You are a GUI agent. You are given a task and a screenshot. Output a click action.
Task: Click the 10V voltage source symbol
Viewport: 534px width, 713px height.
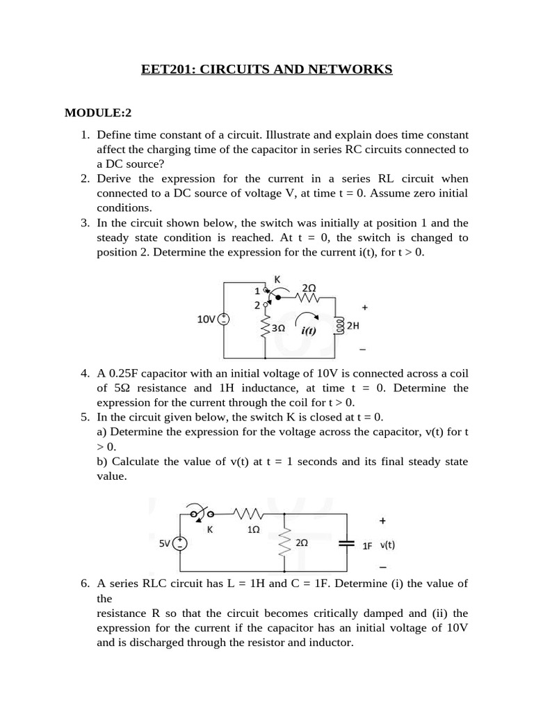pyautogui.click(x=224, y=320)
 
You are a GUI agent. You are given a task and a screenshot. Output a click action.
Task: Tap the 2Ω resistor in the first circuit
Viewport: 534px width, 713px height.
pyautogui.click(x=308, y=297)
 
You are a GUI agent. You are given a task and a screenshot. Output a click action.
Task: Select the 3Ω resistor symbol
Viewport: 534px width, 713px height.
pyautogui.click(x=265, y=327)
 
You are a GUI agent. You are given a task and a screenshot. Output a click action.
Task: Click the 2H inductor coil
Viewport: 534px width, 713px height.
pyautogui.click(x=339, y=326)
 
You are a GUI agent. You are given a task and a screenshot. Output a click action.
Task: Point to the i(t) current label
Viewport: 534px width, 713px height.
pyautogui.click(x=309, y=331)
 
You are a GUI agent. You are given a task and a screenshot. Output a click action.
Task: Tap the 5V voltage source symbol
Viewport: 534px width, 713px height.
pyautogui.click(x=180, y=544)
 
